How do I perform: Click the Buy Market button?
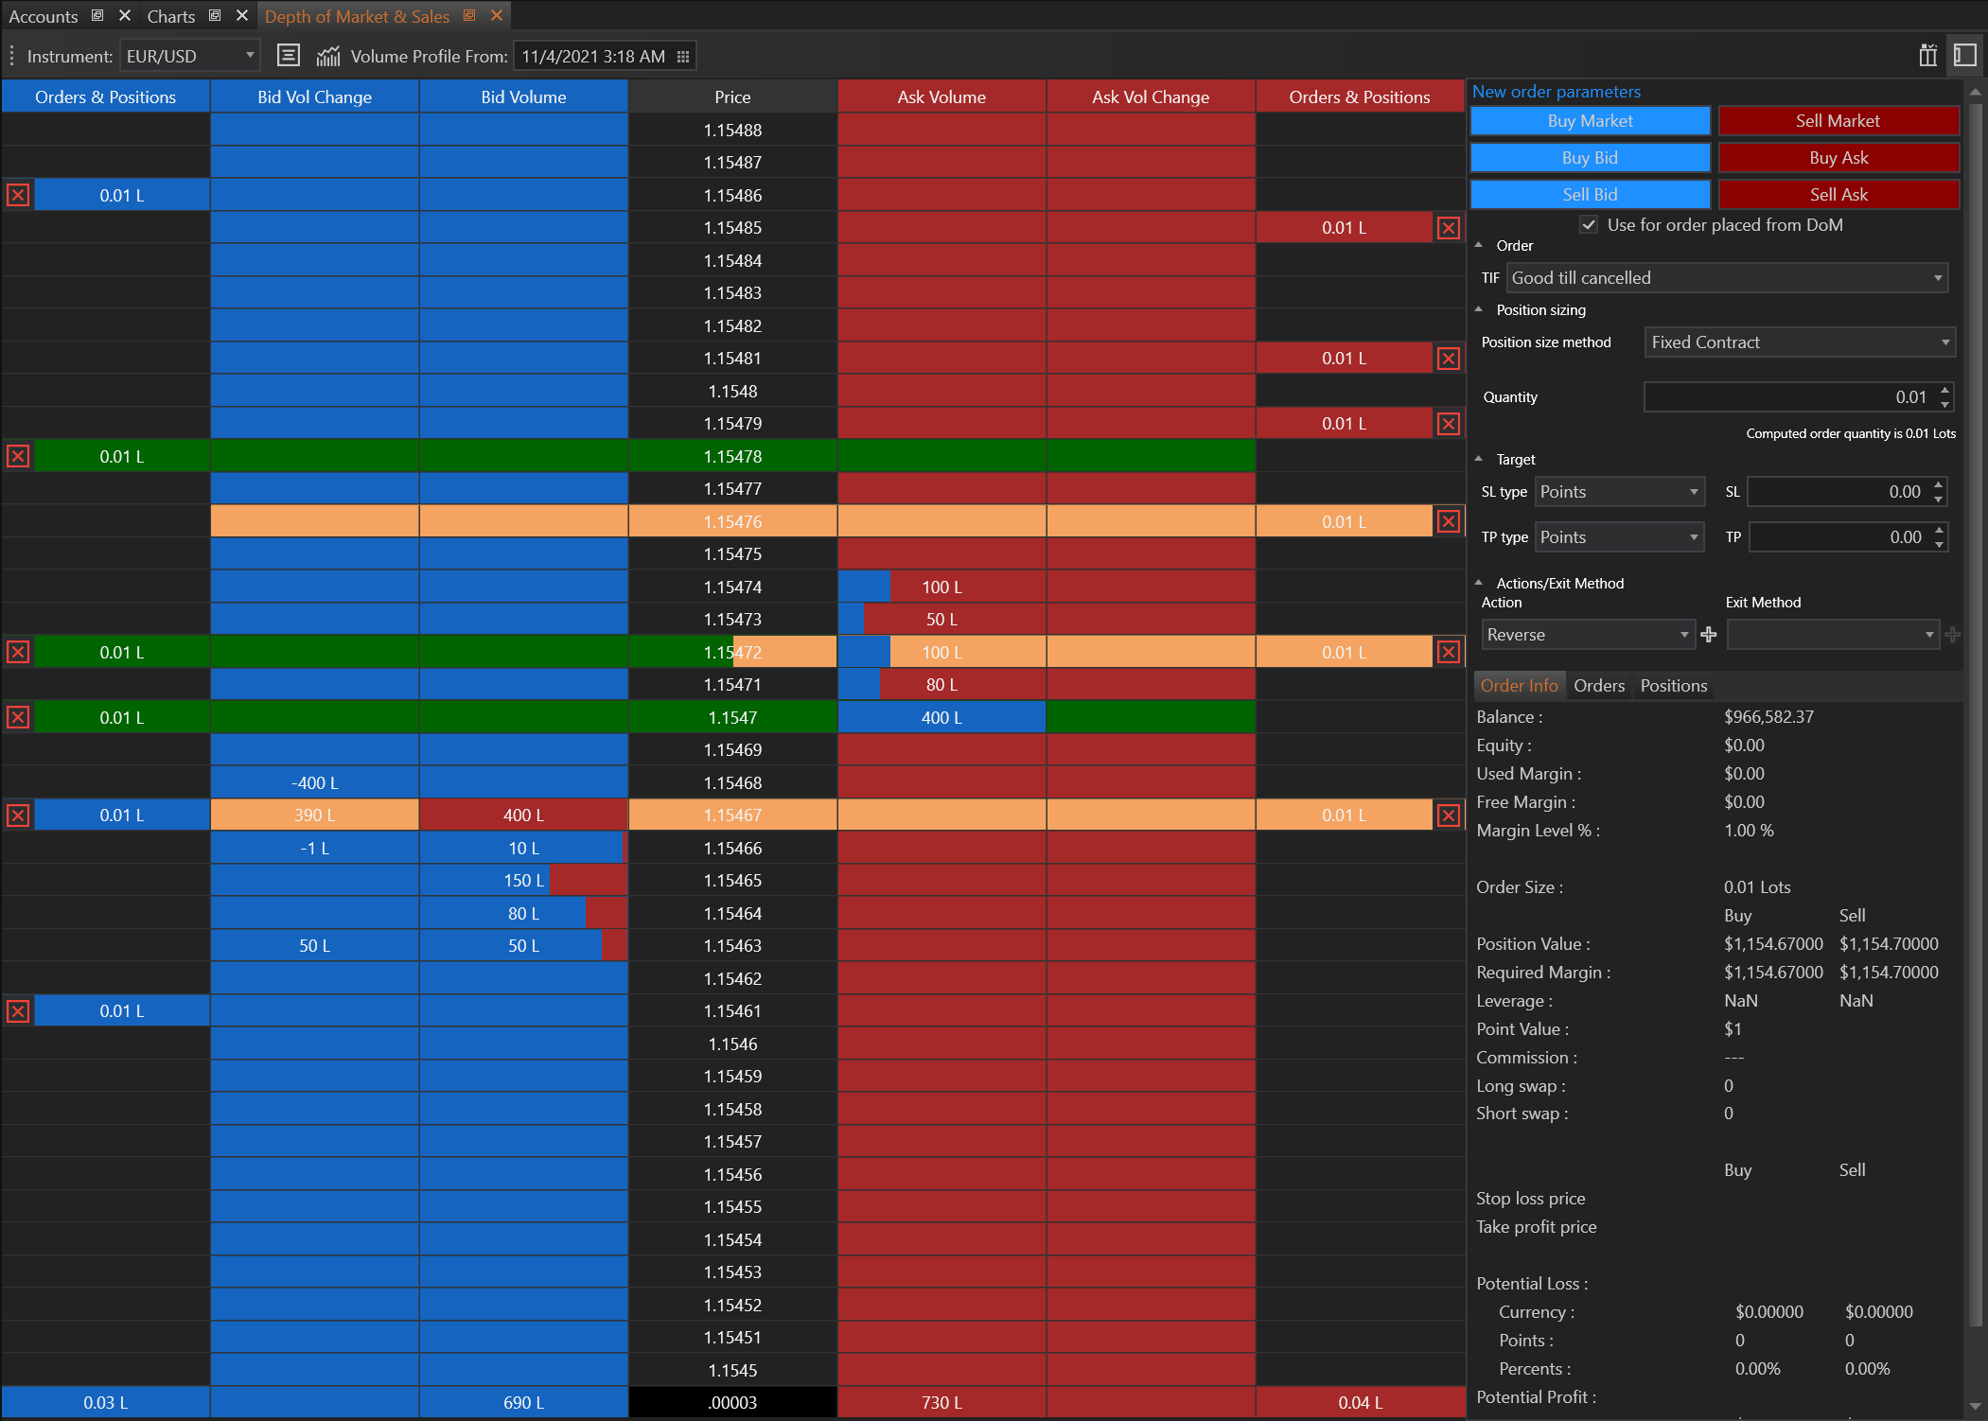[x=1590, y=121]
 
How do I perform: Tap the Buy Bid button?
[x=1590, y=158]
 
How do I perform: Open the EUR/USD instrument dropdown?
[x=190, y=57]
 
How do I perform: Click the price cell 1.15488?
[x=732, y=131]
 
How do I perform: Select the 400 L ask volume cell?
[x=941, y=718]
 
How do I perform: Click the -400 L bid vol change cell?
[x=314, y=783]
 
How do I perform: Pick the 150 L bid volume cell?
[x=523, y=881]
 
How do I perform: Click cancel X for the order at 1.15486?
[x=18, y=196]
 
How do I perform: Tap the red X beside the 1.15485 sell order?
[x=1448, y=228]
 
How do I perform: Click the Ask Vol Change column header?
[x=1151, y=97]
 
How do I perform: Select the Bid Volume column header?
[x=523, y=97]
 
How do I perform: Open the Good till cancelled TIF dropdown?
[x=1726, y=278]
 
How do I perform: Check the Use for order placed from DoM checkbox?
[x=1589, y=225]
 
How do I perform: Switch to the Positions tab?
[x=1673, y=686]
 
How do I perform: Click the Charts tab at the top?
[x=171, y=16]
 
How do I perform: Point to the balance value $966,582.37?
[x=1768, y=717]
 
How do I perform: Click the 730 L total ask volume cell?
[x=941, y=1403]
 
